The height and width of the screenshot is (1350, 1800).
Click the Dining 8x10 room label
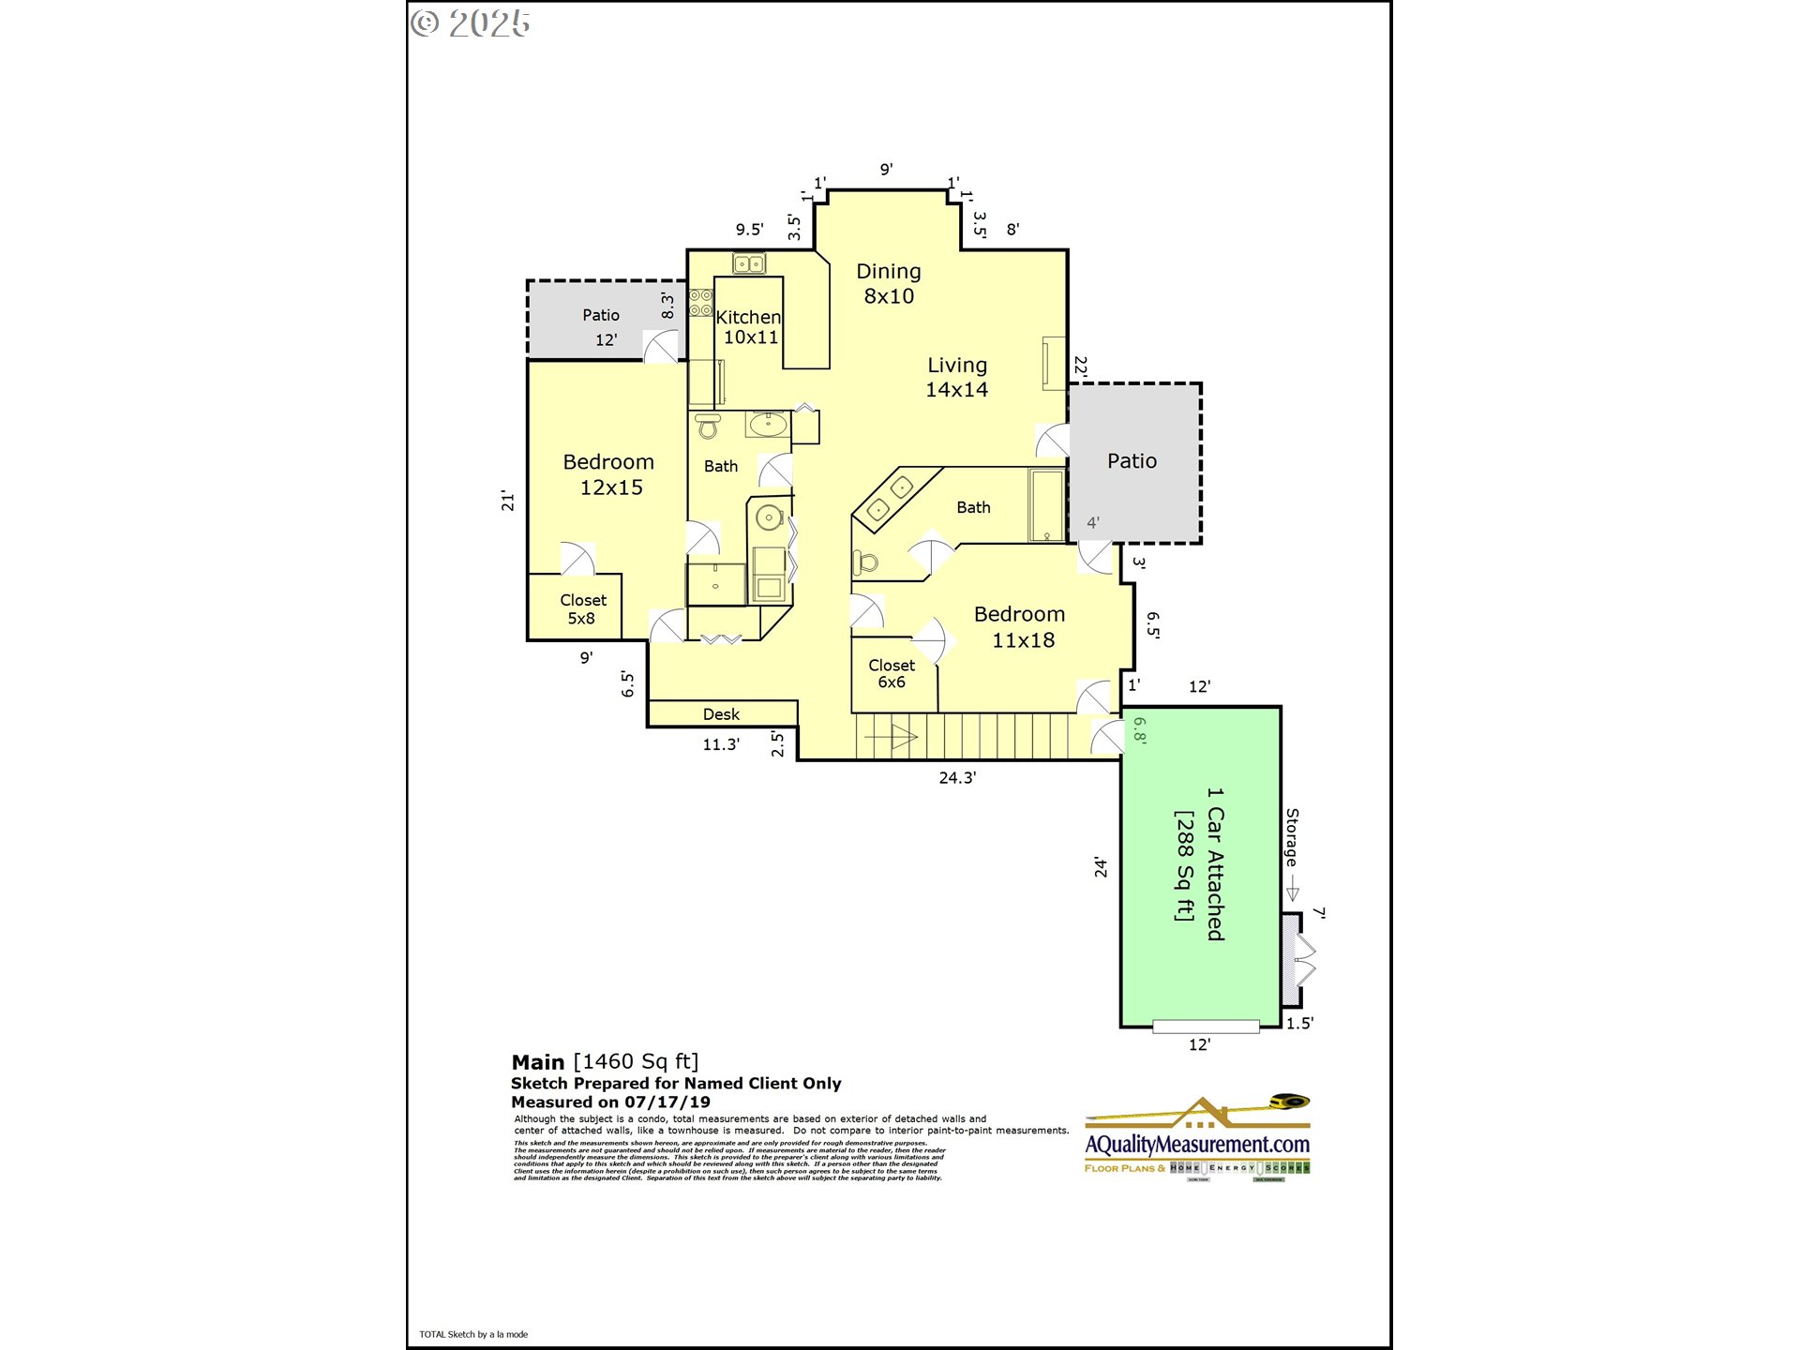888,283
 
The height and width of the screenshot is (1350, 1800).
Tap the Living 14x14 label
956,377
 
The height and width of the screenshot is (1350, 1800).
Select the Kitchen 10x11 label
749,327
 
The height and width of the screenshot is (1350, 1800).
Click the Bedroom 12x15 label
609,474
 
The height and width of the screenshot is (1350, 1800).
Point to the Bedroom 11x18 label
1020,627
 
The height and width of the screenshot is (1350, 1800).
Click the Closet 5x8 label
582,608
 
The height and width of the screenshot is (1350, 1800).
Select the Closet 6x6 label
891,673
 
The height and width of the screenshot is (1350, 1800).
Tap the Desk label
721,714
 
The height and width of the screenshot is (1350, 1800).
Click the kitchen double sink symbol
748,264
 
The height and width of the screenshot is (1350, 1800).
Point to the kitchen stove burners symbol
700,303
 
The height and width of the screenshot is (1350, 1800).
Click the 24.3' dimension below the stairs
957,777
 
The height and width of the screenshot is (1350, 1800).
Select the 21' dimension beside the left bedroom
507,501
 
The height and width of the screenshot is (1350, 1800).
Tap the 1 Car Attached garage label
1214,863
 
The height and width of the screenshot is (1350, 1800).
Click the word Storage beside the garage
1292,837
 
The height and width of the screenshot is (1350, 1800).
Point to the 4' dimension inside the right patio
1093,523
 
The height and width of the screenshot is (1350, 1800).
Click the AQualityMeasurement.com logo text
1197,1145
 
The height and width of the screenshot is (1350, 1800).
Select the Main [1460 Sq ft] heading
605,1061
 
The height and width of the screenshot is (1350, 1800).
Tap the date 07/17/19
667,1102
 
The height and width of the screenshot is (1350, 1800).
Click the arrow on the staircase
890,738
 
